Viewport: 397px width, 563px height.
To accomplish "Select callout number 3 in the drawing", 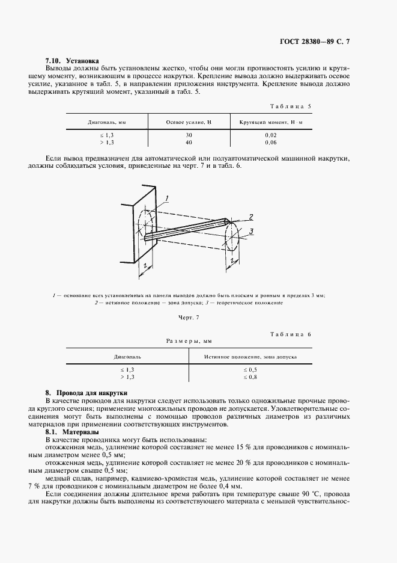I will (252, 231).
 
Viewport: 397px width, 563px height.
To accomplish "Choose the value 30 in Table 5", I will (189, 135).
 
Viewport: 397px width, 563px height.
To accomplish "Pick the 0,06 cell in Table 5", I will (271, 143).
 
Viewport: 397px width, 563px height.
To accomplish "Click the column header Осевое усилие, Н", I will (189, 122).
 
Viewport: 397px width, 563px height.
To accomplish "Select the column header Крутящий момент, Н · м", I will (271, 122).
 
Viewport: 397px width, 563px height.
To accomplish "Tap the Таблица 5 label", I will (291, 106).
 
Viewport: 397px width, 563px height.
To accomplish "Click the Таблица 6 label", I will (291, 334).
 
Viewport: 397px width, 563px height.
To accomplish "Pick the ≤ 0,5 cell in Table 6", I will (250, 370).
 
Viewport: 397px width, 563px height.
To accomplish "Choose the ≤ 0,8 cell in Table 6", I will (250, 377).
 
